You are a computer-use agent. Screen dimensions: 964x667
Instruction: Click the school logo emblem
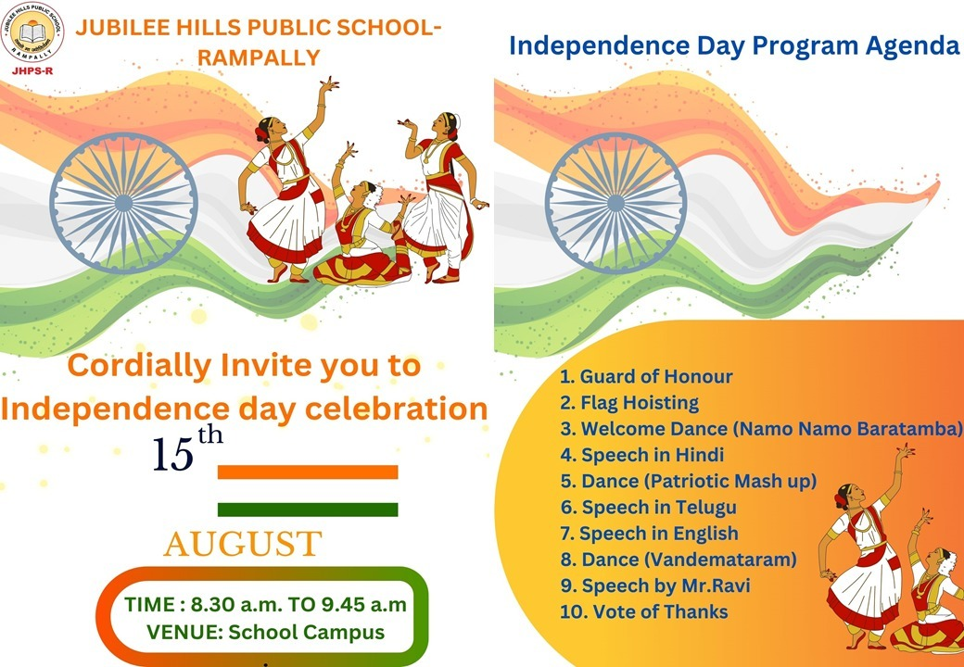32,32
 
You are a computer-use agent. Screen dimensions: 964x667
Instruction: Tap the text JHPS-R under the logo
32,70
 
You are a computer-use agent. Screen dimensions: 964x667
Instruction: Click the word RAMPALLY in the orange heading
259,57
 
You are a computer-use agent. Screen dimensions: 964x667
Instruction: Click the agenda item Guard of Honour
646,376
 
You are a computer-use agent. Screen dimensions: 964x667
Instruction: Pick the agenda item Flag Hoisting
629,403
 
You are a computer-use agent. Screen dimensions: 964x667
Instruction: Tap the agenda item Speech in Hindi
641,455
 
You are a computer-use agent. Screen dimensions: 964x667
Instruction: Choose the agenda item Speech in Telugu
648,508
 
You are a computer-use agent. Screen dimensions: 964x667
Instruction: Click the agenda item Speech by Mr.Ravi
655,585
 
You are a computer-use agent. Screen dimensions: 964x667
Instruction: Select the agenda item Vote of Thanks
644,611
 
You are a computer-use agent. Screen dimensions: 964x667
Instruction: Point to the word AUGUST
243,544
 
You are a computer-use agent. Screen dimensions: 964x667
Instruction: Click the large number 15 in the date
173,455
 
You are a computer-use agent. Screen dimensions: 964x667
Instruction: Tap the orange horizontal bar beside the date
308,472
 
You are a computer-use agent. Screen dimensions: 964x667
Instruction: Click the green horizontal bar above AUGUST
308,510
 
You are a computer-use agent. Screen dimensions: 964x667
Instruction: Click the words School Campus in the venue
307,632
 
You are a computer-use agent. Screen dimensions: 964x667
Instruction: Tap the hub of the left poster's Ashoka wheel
123,203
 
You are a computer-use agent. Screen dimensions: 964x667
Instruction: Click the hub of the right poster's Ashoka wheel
615,203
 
